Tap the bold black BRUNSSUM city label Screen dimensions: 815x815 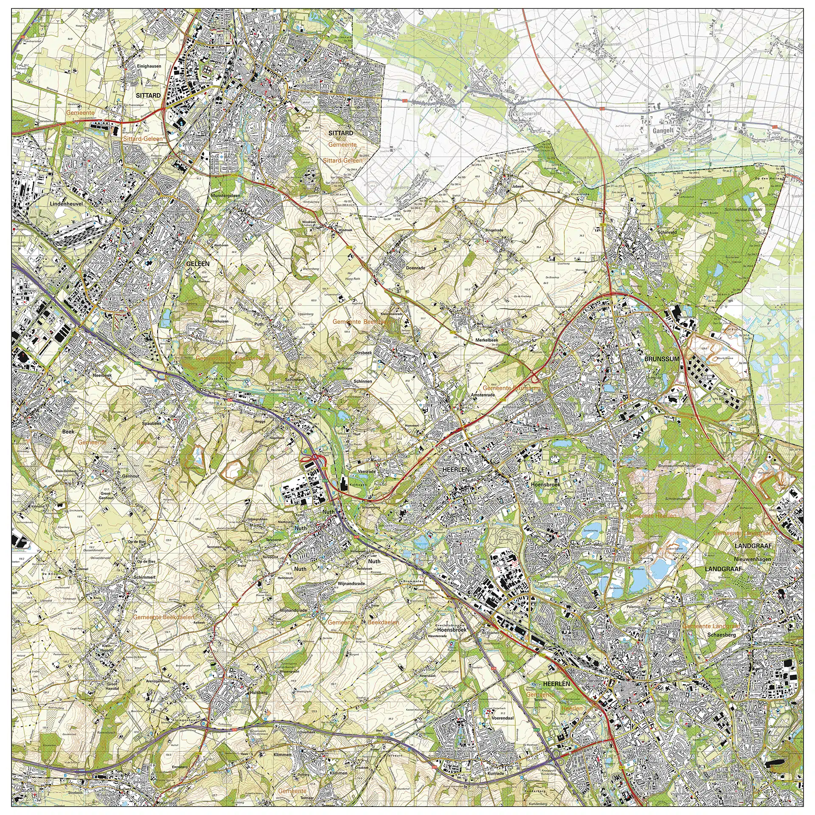coord(662,359)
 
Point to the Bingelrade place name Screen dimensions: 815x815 coord(494,230)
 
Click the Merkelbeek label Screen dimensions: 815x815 coord(486,340)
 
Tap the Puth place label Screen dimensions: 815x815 coord(259,324)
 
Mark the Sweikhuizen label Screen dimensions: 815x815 coord(218,321)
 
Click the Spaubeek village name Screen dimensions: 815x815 coord(152,424)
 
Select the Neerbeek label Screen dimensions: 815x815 coord(102,375)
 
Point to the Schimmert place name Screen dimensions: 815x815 coord(144,577)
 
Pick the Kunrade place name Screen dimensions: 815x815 coord(496,773)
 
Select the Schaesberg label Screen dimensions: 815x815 coord(722,635)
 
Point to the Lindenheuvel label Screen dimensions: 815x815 coord(66,204)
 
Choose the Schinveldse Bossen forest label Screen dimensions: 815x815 coord(743,210)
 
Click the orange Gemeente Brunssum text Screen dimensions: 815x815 coord(511,388)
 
